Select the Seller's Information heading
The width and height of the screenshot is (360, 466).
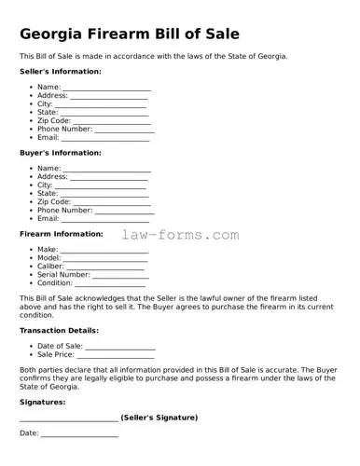pyautogui.click(x=61, y=72)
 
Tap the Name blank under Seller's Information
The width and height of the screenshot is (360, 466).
pyautogui.click(x=106, y=88)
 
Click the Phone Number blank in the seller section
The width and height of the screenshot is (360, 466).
pyautogui.click(x=124, y=130)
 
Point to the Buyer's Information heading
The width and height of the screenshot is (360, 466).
pyautogui.click(x=61, y=153)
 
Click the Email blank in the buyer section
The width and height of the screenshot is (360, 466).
pyautogui.click(x=105, y=219)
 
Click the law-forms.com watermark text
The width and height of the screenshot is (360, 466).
pyautogui.click(x=180, y=236)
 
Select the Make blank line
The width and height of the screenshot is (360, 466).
pyautogui.click(x=104, y=251)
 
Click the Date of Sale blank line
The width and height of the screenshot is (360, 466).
pyautogui.click(x=120, y=347)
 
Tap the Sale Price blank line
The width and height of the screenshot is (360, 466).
pyautogui.click(x=116, y=355)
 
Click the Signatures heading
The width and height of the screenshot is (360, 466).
pyautogui.click(x=43, y=402)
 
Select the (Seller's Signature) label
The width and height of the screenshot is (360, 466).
pyautogui.click(x=159, y=418)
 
